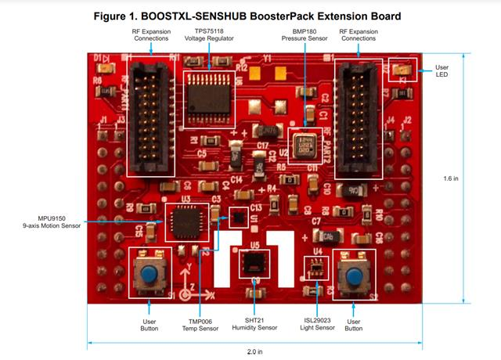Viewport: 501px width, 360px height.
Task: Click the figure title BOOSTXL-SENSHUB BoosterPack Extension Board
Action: pos(250,16)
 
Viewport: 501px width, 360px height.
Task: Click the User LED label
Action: pos(443,70)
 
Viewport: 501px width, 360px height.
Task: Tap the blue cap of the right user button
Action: pos(354,275)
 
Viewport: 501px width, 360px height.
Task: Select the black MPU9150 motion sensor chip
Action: pos(186,220)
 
